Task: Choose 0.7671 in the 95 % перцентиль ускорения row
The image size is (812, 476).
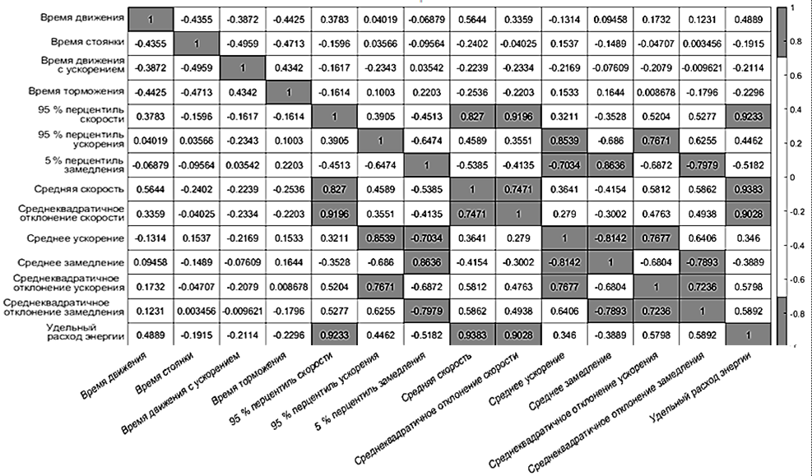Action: pyautogui.click(x=657, y=139)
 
